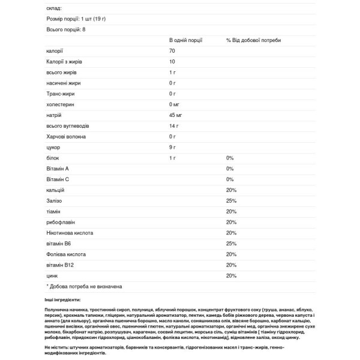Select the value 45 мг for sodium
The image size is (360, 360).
(176, 115)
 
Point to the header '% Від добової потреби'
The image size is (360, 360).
(253, 40)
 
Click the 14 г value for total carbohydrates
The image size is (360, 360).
(174, 125)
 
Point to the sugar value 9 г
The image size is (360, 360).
(172, 147)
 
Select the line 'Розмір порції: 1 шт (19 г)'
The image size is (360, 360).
(74, 19)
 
